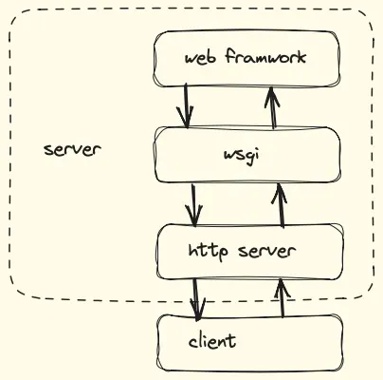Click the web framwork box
click(246, 58)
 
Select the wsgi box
click(246, 154)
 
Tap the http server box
click(249, 252)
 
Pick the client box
click(249, 342)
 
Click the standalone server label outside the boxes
click(71, 150)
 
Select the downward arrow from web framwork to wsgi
click(187, 105)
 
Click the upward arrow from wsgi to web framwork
click(273, 107)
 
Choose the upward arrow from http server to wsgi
click(280, 204)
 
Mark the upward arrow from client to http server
click(281, 297)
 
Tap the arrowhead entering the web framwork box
click(272, 92)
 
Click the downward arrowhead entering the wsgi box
click(188, 121)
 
